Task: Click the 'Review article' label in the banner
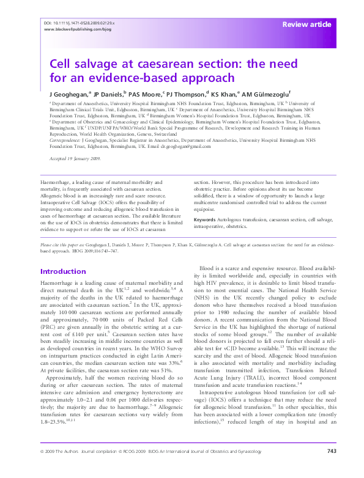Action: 306,24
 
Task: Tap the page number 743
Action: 332,468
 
